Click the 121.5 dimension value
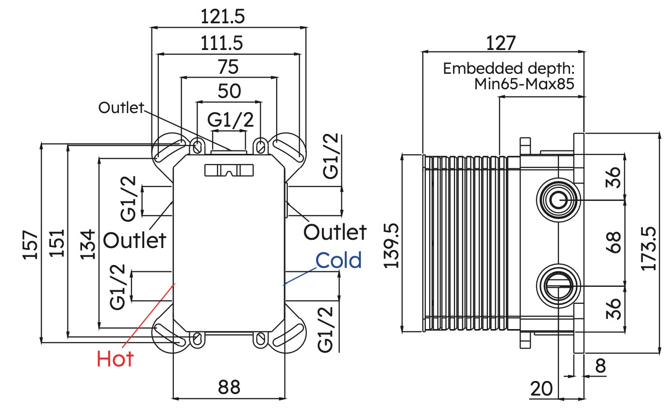[222, 17]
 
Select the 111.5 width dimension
[222, 43]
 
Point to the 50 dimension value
[230, 91]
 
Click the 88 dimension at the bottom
[229, 387]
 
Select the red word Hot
[115, 359]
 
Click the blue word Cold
[338, 260]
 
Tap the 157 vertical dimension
[31, 245]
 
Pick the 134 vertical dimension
[87, 244]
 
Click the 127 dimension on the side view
[501, 43]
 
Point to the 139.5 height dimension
[391, 246]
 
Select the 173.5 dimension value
[649, 248]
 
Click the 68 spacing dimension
[613, 242]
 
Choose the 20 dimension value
[542, 389]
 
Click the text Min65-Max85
[524, 83]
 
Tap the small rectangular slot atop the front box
[229, 170]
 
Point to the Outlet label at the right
[335, 232]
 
